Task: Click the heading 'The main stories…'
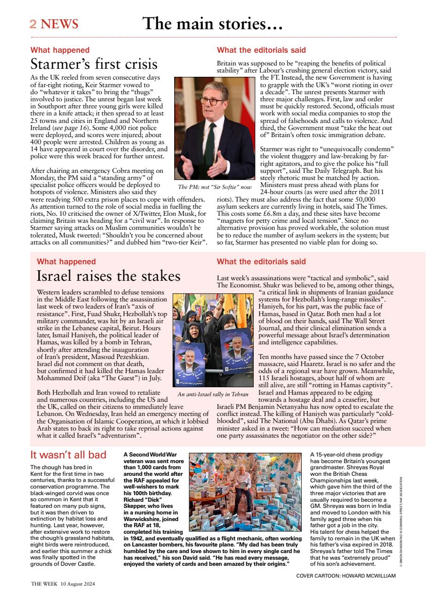tap(212, 23)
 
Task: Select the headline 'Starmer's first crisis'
tap(94, 64)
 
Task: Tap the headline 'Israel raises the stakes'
tap(108, 276)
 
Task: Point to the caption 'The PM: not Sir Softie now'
tap(212, 187)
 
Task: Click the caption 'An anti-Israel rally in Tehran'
tap(213, 394)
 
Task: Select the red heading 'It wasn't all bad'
tap(68, 455)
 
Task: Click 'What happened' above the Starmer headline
tap(60, 50)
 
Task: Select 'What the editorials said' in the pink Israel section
tap(261, 261)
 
